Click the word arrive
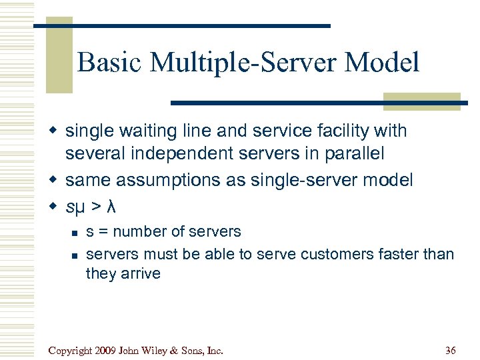[x=140, y=273]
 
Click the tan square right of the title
[x=421, y=100]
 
